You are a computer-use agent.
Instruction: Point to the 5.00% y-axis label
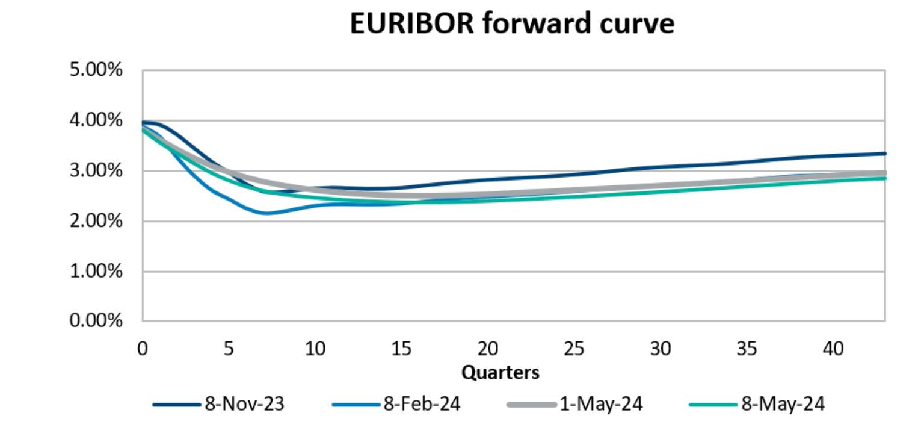coord(96,70)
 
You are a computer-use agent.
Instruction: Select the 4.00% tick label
coord(96,120)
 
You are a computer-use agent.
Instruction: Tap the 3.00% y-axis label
coord(96,171)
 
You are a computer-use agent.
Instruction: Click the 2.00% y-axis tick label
coord(96,221)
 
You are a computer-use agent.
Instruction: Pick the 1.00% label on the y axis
coord(96,271)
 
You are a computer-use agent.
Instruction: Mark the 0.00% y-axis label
coord(96,321)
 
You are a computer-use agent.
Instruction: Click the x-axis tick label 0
coord(143,349)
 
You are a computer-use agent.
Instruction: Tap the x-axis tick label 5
coord(229,349)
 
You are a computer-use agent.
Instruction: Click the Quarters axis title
coord(500,373)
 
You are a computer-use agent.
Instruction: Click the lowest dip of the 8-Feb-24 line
coord(266,213)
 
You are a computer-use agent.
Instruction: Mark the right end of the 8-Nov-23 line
coord(884,154)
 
